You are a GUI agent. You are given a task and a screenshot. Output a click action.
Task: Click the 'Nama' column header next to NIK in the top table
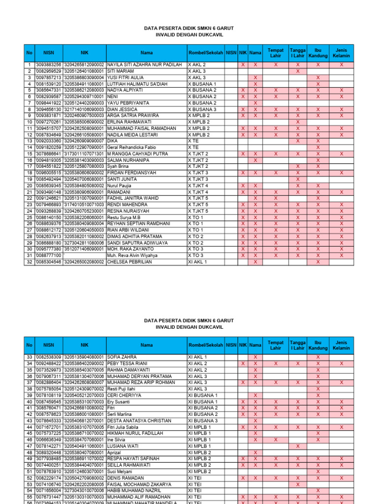point(255,52)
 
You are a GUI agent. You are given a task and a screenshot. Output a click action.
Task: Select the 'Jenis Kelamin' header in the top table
point(341,52)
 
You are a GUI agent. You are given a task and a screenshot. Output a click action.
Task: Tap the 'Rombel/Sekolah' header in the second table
point(205,345)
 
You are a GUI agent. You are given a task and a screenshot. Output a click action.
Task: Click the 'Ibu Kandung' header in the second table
point(318,345)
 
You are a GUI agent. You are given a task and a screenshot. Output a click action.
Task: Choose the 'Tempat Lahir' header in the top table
point(276,52)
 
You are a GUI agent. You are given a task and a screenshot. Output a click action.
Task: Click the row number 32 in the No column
point(29,262)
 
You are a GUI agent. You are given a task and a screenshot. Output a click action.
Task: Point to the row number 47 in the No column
point(29,446)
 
